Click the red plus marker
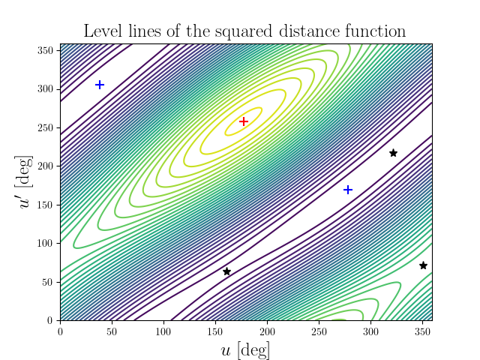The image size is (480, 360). pos(243,121)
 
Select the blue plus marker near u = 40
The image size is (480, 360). pos(100,85)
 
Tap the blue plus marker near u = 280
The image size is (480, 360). pos(348,190)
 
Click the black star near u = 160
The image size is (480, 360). pos(226,271)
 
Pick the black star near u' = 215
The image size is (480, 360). pos(393,153)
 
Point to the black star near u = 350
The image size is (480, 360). pos(423,265)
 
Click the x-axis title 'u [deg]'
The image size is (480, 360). pos(246,349)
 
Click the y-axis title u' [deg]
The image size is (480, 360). pos(26,182)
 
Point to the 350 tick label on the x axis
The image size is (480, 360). pos(422,331)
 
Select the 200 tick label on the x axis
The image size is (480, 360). pos(267,331)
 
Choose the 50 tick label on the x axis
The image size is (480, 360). pos(112,331)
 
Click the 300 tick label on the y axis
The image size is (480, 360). pos(46,88)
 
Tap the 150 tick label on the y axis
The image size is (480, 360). pos(46,205)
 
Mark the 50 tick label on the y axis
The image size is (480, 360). pos(49,282)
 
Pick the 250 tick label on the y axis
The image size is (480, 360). pos(46,127)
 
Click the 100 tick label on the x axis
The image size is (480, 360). pos(163,331)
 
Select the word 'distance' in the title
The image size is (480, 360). pos(304,31)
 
